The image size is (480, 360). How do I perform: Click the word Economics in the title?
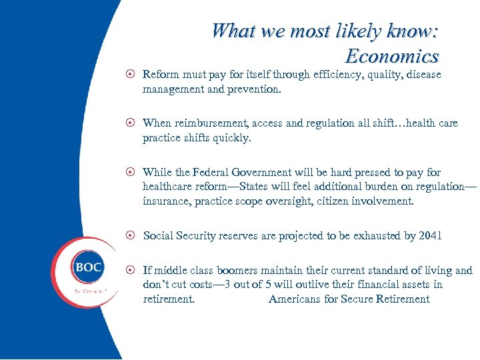click(x=392, y=56)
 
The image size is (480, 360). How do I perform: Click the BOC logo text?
click(x=88, y=267)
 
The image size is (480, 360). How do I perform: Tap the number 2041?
click(x=429, y=235)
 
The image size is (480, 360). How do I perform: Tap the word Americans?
click(x=295, y=299)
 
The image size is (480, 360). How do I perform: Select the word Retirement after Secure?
click(x=403, y=299)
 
